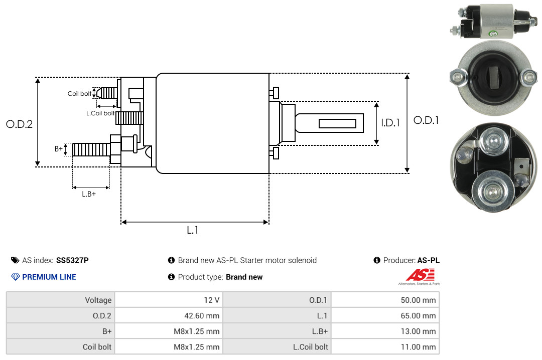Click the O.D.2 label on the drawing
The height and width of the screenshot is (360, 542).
pos(20,124)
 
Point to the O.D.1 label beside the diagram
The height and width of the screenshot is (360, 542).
pos(426,120)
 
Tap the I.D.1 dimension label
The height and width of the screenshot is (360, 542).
pos(390,123)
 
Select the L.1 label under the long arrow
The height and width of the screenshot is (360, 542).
pos(193,230)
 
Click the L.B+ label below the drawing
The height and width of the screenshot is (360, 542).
pos(89,194)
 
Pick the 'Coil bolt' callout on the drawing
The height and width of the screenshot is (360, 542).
pos(79,94)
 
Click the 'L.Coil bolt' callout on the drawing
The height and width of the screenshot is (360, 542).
pos(100,113)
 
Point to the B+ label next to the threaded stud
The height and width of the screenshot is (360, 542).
pos(59,149)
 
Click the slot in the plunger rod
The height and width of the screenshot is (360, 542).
pos(337,123)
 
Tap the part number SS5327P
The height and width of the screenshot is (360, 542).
pos(72,260)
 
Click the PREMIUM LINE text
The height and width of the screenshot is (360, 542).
pos(49,277)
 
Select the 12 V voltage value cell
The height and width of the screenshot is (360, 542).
pos(169,300)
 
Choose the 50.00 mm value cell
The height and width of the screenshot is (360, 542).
pos(385,300)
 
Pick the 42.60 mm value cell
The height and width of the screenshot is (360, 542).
pos(169,315)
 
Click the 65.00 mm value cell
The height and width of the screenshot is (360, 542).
pos(385,315)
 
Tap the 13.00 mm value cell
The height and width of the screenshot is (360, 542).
pos(385,331)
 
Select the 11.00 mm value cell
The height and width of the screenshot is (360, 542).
pos(385,346)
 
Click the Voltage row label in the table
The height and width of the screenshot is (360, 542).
pos(98,300)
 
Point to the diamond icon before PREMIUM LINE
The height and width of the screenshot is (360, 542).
pos(16,277)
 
